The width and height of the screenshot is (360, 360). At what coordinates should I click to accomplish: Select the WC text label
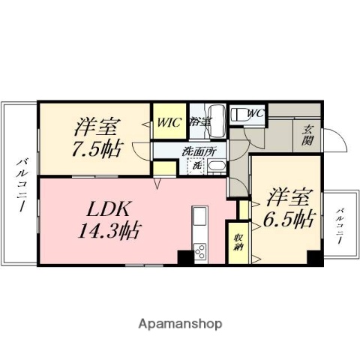click(x=255, y=114)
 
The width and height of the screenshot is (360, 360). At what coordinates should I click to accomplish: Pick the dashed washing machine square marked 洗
click(x=197, y=166)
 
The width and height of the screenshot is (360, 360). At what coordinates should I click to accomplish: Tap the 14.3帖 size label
click(x=110, y=226)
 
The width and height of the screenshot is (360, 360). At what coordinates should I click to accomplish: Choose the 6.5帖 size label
click(x=287, y=219)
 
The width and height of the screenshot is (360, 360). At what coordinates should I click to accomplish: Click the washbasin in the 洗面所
click(x=216, y=166)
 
